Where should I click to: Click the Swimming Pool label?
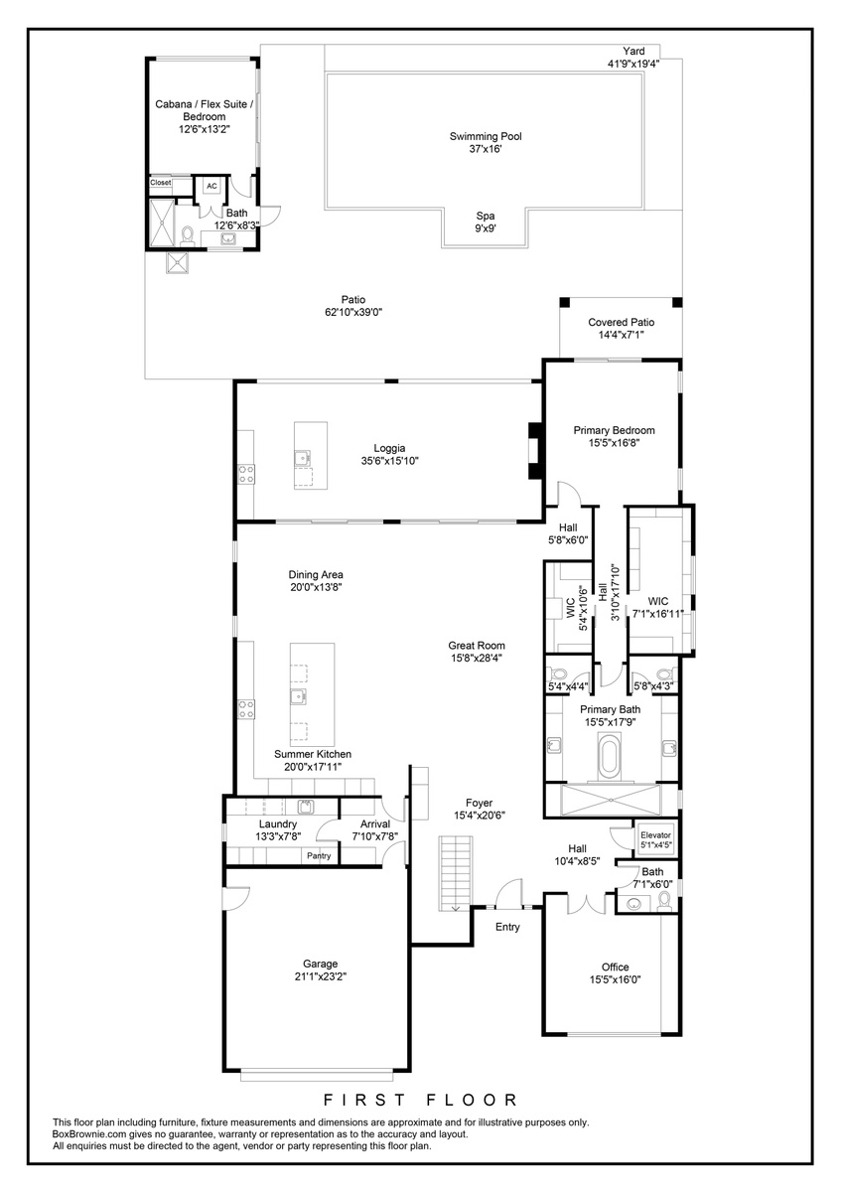[x=486, y=136]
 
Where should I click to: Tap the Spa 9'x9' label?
[x=486, y=222]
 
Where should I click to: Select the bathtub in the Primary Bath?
[x=610, y=756]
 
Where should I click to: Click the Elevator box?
[x=655, y=839]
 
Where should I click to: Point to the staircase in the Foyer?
[x=456, y=873]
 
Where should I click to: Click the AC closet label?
[x=211, y=186]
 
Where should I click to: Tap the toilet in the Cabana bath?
[x=188, y=235]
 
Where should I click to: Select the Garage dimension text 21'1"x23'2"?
[x=321, y=976]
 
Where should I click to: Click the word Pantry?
[x=319, y=855]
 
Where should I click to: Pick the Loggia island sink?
[x=303, y=457]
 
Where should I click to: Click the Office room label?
[x=615, y=967]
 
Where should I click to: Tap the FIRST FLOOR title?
[x=420, y=1100]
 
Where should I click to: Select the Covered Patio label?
[x=621, y=322]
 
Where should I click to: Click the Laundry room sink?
[x=306, y=807]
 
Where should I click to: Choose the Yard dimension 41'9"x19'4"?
[x=633, y=64]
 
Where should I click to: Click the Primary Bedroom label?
[x=614, y=430]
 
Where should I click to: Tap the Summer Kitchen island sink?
[x=298, y=696]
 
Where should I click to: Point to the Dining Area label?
[x=316, y=575]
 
